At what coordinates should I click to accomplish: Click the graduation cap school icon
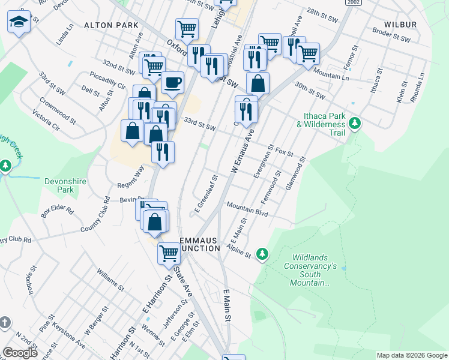tap(19, 22)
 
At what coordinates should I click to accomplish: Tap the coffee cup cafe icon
tap(172, 82)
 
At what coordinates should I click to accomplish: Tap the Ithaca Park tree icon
tap(355, 123)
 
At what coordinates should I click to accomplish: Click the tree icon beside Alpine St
tap(262, 254)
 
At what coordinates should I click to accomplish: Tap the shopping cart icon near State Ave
tap(169, 253)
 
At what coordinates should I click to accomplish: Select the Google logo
tap(20, 353)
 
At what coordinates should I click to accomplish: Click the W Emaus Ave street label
tap(242, 152)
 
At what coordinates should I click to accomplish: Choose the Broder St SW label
tap(390, 35)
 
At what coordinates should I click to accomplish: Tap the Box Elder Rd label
tap(57, 212)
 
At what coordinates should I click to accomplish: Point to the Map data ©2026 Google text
tap(411, 355)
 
